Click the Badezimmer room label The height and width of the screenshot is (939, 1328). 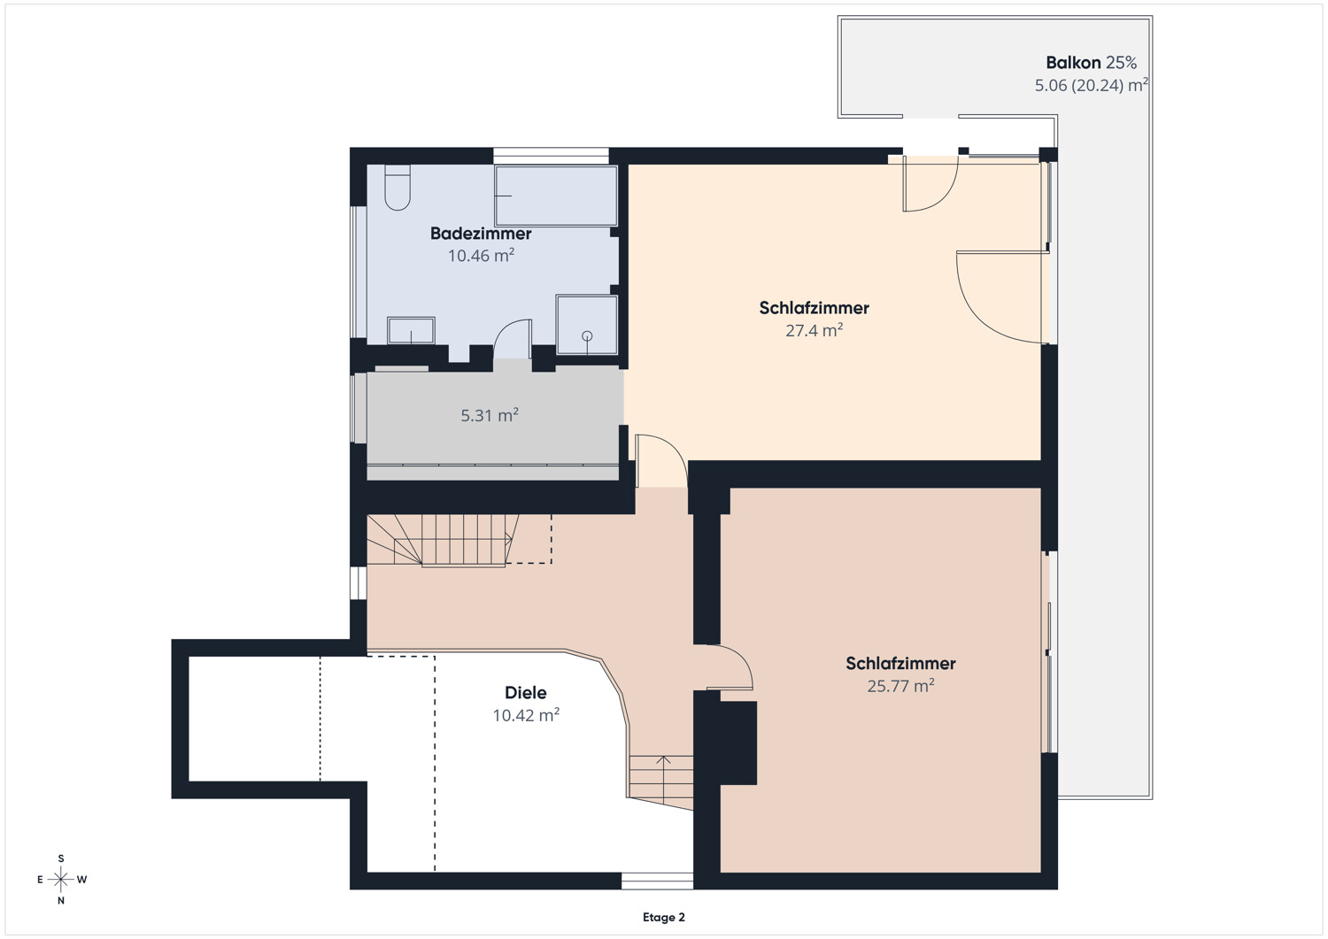pyautogui.click(x=481, y=234)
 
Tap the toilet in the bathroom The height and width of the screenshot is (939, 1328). pyautogui.click(x=398, y=188)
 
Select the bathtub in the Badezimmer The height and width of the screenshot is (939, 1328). pyautogui.click(x=556, y=196)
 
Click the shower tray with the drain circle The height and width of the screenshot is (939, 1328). pyautogui.click(x=587, y=325)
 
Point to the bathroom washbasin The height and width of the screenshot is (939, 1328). pyautogui.click(x=411, y=330)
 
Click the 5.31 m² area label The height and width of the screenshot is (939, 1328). pyautogui.click(x=490, y=415)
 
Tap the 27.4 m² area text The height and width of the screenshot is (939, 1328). pyautogui.click(x=814, y=330)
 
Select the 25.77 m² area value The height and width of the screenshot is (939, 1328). pyautogui.click(x=900, y=686)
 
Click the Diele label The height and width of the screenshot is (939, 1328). pyautogui.click(x=525, y=692)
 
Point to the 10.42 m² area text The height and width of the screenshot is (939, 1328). pyautogui.click(x=526, y=715)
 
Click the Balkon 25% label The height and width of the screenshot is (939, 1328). pyautogui.click(x=1091, y=62)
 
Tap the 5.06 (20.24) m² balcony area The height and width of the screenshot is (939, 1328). pyautogui.click(x=1091, y=85)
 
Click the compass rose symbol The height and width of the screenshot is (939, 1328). pyautogui.click(x=60, y=879)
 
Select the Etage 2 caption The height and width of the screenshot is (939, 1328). pyautogui.click(x=663, y=917)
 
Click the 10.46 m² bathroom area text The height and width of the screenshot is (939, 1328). pyautogui.click(x=481, y=256)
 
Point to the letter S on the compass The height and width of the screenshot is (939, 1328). pyautogui.click(x=60, y=858)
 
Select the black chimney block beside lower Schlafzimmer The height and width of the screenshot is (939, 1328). pyautogui.click(x=738, y=743)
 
